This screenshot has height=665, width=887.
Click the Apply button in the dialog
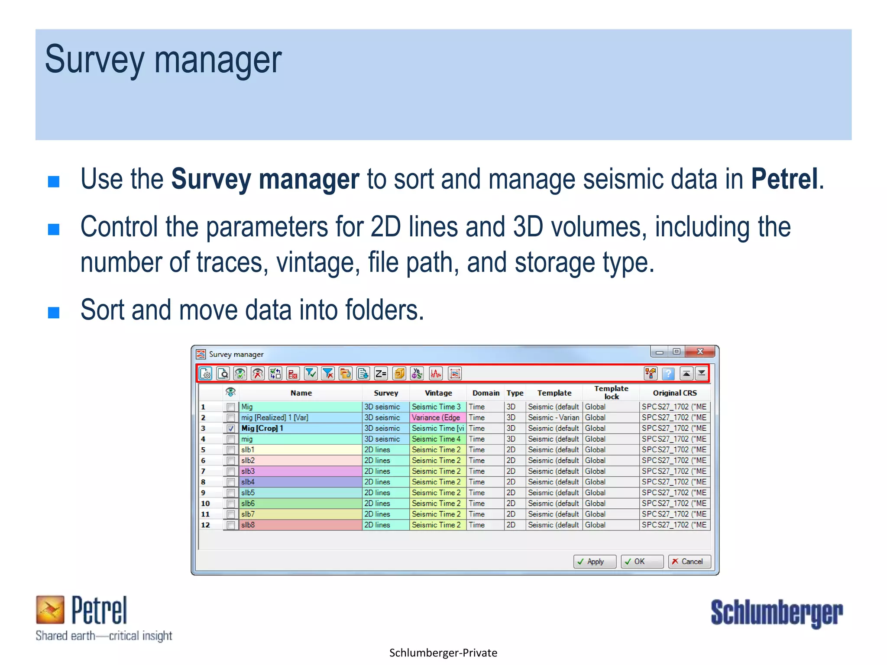[594, 562]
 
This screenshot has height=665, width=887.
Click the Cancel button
[689, 562]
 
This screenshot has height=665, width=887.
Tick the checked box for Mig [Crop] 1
[231, 429]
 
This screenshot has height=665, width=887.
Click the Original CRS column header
[674, 393]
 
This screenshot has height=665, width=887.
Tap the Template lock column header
[611, 393]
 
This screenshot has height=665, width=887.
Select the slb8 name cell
[300, 525]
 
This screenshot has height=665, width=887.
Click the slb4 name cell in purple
[300, 482]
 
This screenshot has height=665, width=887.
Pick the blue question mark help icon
[668, 374]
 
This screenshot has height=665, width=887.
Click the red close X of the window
[699, 352]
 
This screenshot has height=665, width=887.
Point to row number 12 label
[205, 525]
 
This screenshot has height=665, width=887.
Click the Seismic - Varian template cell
[554, 418]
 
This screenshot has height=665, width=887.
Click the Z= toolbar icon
[381, 374]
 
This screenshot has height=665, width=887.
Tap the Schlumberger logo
[776, 613]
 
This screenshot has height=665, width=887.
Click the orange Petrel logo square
[50, 610]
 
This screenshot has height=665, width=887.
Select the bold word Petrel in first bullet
[784, 179]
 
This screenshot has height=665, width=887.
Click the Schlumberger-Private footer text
[443, 653]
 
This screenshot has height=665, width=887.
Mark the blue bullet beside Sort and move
[54, 312]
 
